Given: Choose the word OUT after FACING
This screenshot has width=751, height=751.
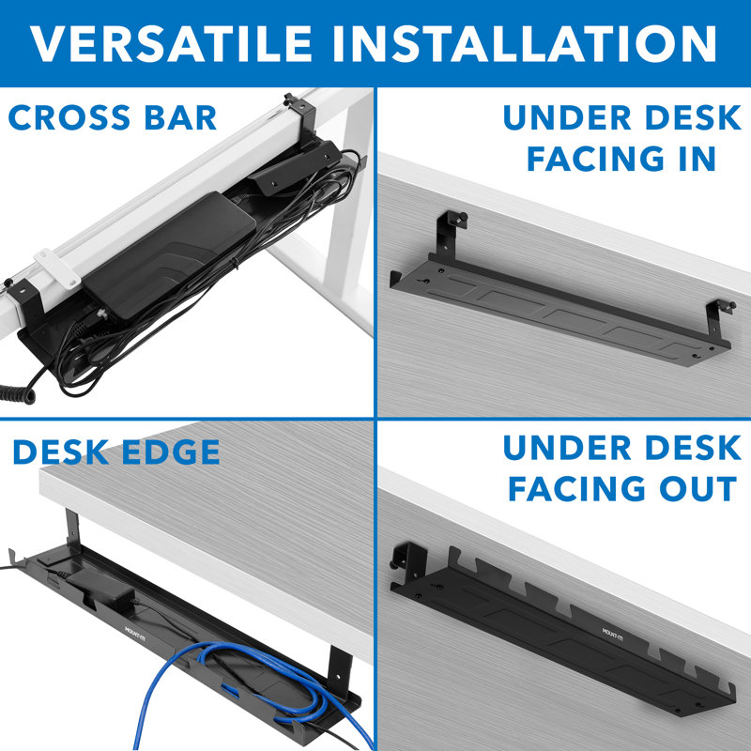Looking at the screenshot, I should (x=693, y=488).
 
